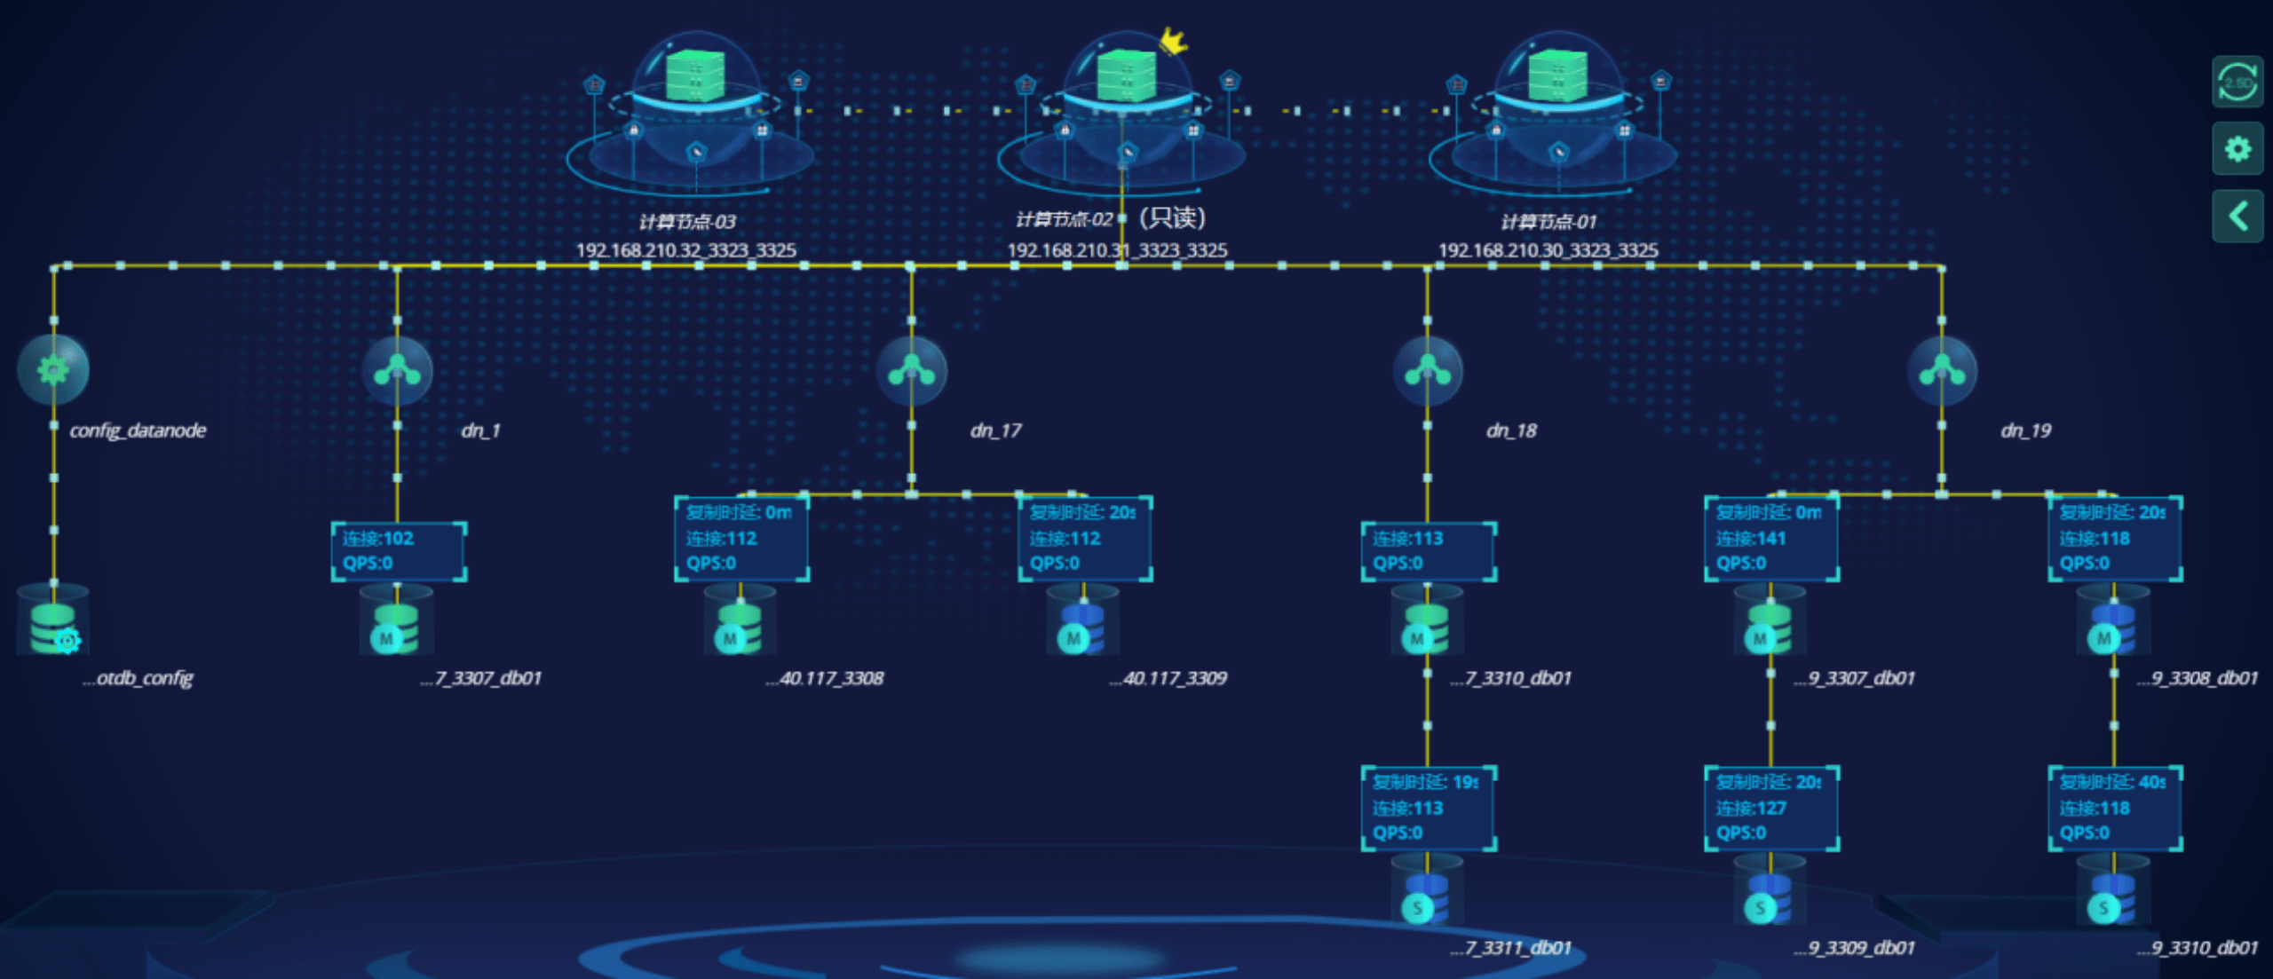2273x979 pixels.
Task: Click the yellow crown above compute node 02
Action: (x=1173, y=40)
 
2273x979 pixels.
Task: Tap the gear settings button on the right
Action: (x=2237, y=148)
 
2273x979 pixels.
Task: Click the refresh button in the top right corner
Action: (x=2237, y=83)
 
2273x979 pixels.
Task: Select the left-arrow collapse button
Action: (x=2237, y=216)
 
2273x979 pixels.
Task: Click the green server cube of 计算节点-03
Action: (x=695, y=75)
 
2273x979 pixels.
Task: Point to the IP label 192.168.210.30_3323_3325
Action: (x=1548, y=250)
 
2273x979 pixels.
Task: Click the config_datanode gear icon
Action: (x=53, y=369)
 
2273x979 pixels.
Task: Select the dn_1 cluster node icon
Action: (x=397, y=370)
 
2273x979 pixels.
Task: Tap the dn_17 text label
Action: (x=995, y=430)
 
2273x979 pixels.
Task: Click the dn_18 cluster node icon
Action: (x=1427, y=370)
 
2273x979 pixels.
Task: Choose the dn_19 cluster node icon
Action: (x=1942, y=370)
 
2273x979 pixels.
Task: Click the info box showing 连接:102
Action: (x=399, y=551)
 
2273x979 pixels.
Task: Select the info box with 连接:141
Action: (x=1771, y=539)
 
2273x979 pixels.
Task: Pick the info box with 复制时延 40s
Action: (x=2115, y=808)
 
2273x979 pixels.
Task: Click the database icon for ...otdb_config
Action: (x=53, y=626)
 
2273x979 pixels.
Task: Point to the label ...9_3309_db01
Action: (x=1854, y=948)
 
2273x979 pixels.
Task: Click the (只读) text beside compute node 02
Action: (x=1172, y=218)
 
